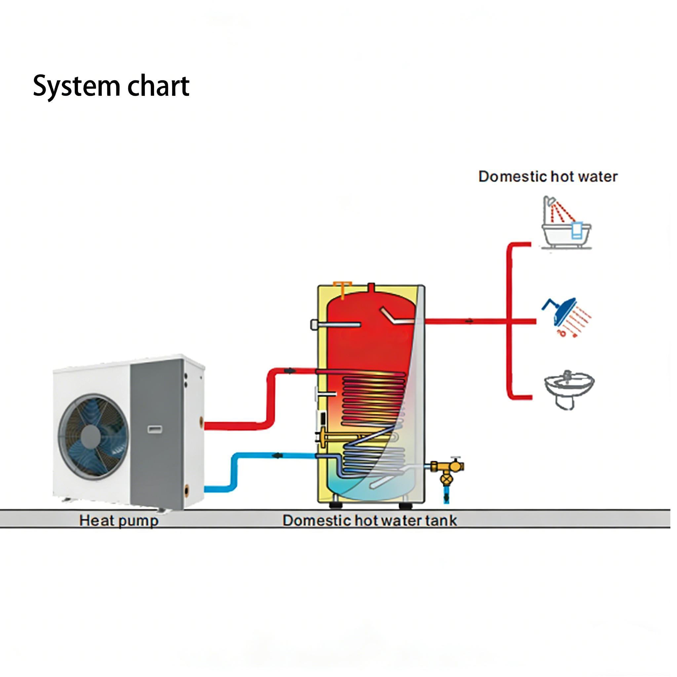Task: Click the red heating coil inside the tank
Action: coord(373,399)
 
